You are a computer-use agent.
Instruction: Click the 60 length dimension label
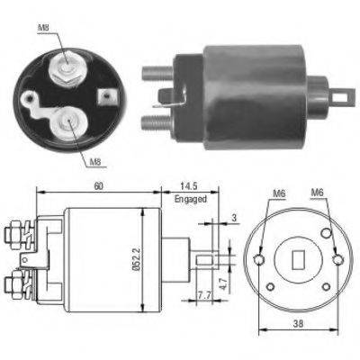click(99, 186)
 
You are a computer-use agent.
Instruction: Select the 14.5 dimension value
click(189, 186)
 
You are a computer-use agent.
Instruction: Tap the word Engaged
click(191, 199)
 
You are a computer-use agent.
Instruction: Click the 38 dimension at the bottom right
click(299, 323)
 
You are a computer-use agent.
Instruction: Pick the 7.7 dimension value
click(203, 295)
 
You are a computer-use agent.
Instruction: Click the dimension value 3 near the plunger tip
click(234, 217)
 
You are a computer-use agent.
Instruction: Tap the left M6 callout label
click(279, 193)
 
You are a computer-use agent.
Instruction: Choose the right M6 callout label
click(317, 192)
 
